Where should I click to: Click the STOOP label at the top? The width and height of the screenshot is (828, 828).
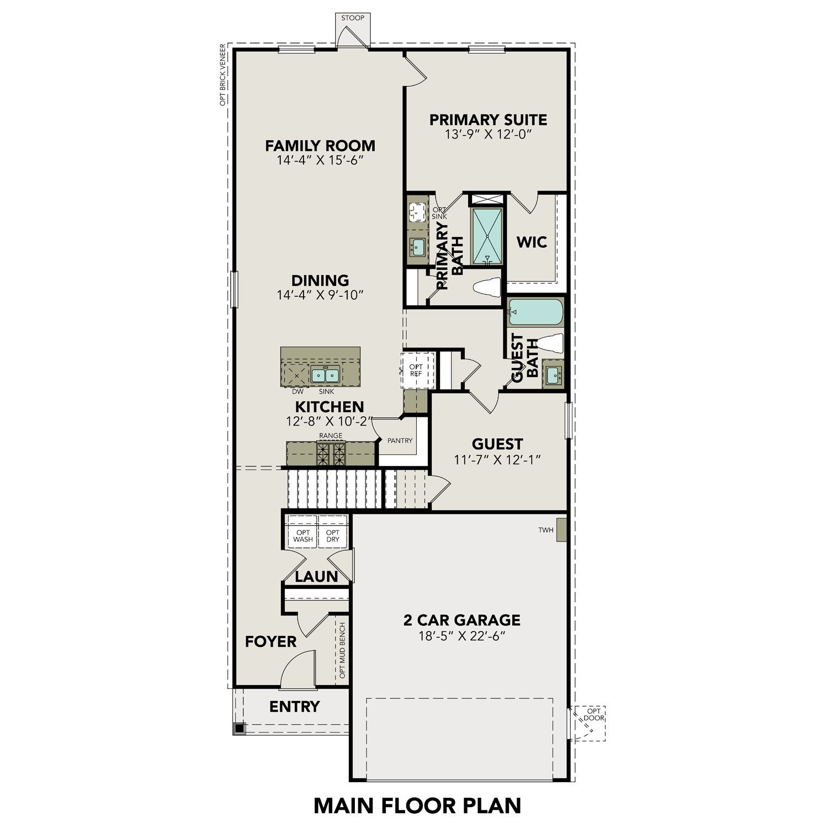tap(353, 18)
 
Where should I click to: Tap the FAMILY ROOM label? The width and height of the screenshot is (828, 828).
tap(320, 146)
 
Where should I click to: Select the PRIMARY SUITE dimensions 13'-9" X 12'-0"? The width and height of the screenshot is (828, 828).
tap(488, 134)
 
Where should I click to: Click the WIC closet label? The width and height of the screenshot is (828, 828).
tap(532, 242)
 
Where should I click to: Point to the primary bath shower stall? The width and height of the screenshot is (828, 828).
tap(487, 237)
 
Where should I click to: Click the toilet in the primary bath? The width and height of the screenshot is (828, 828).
tap(487, 287)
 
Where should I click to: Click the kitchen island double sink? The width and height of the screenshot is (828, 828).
tap(324, 375)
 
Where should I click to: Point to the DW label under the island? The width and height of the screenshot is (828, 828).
tap(298, 391)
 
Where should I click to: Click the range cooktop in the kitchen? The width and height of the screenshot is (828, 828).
tap(331, 454)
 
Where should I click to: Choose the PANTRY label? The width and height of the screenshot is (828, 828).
tap(400, 440)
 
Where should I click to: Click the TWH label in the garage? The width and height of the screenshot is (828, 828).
tap(545, 530)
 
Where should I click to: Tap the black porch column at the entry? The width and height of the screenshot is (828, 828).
tap(239, 729)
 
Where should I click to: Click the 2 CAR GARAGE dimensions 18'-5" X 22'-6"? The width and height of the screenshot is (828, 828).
tap(462, 636)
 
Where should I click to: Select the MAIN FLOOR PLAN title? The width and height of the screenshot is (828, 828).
tap(417, 805)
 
